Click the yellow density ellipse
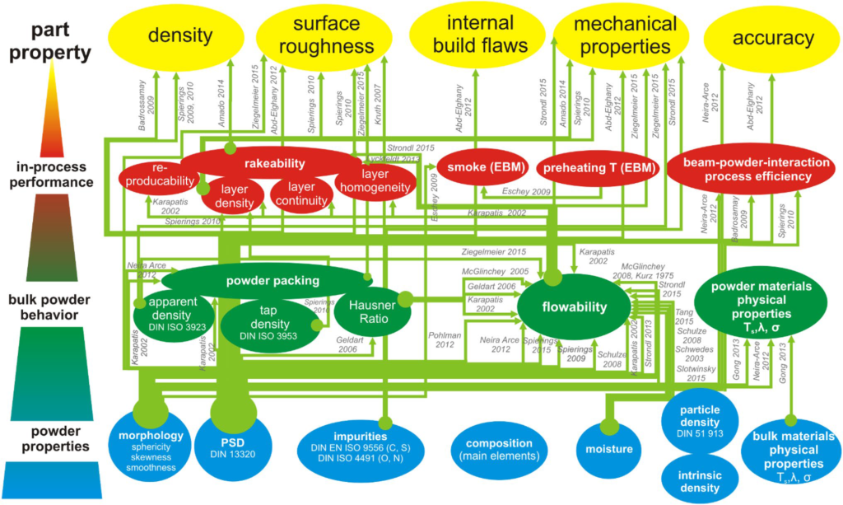179,36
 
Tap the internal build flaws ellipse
476,34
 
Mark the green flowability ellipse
574,307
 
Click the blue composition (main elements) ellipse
498,449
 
